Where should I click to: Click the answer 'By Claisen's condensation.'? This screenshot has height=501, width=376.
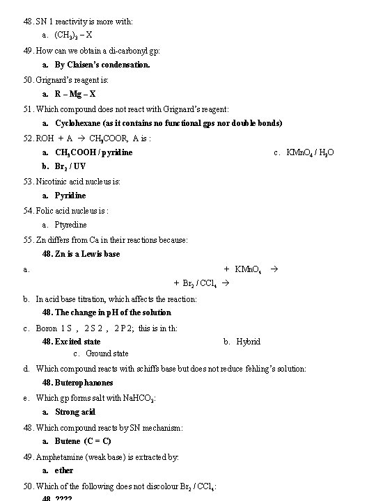pos(102,65)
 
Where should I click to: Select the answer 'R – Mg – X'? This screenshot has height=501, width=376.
pos(75,94)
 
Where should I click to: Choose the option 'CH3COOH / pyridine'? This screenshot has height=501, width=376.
pos(93,152)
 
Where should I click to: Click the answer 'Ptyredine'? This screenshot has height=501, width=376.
pos(71,225)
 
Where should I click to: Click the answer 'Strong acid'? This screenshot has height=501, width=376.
pos(75,412)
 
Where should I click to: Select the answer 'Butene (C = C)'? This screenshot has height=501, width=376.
pos(83,441)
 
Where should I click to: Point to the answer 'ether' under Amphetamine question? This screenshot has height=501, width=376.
pos(64,470)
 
